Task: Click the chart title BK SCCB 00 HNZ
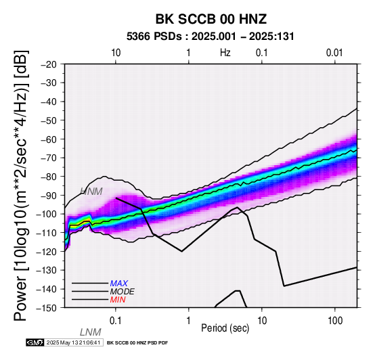click(211, 19)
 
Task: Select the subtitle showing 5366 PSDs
click(211, 37)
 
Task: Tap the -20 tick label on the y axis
click(49, 64)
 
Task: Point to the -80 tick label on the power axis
click(49, 177)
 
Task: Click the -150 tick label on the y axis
click(47, 308)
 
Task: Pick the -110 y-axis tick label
click(47, 233)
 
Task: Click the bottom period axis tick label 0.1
click(115, 321)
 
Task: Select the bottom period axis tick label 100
click(335, 321)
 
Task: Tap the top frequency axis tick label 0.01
click(334, 53)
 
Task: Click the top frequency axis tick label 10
click(116, 53)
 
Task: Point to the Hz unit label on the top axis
click(225, 53)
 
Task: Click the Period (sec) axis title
click(225, 328)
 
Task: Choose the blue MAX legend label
click(118, 284)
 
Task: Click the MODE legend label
click(123, 292)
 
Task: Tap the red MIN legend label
click(118, 300)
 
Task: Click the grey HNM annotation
click(91, 192)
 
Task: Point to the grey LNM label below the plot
click(91, 332)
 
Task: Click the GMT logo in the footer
click(35, 342)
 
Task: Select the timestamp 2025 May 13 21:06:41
click(73, 342)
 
